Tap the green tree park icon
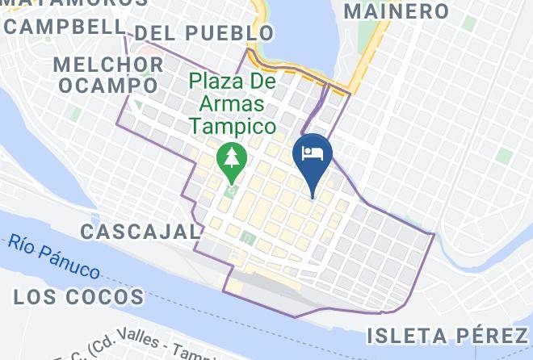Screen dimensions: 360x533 [233, 157]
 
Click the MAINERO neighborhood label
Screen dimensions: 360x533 [396, 11]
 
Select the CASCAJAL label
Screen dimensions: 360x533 [140, 232]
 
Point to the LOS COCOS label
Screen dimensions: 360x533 [79, 297]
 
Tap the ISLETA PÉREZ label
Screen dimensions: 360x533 [447, 335]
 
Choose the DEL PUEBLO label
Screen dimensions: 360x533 [204, 33]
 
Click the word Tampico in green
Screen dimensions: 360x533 [233, 127]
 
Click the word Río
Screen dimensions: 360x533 [24, 244]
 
